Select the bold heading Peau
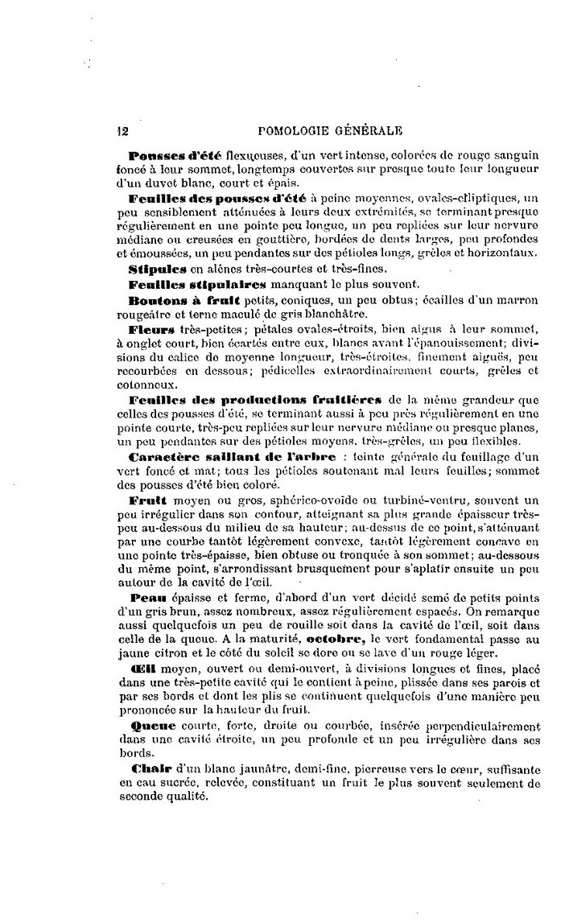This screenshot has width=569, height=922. point(144,599)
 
